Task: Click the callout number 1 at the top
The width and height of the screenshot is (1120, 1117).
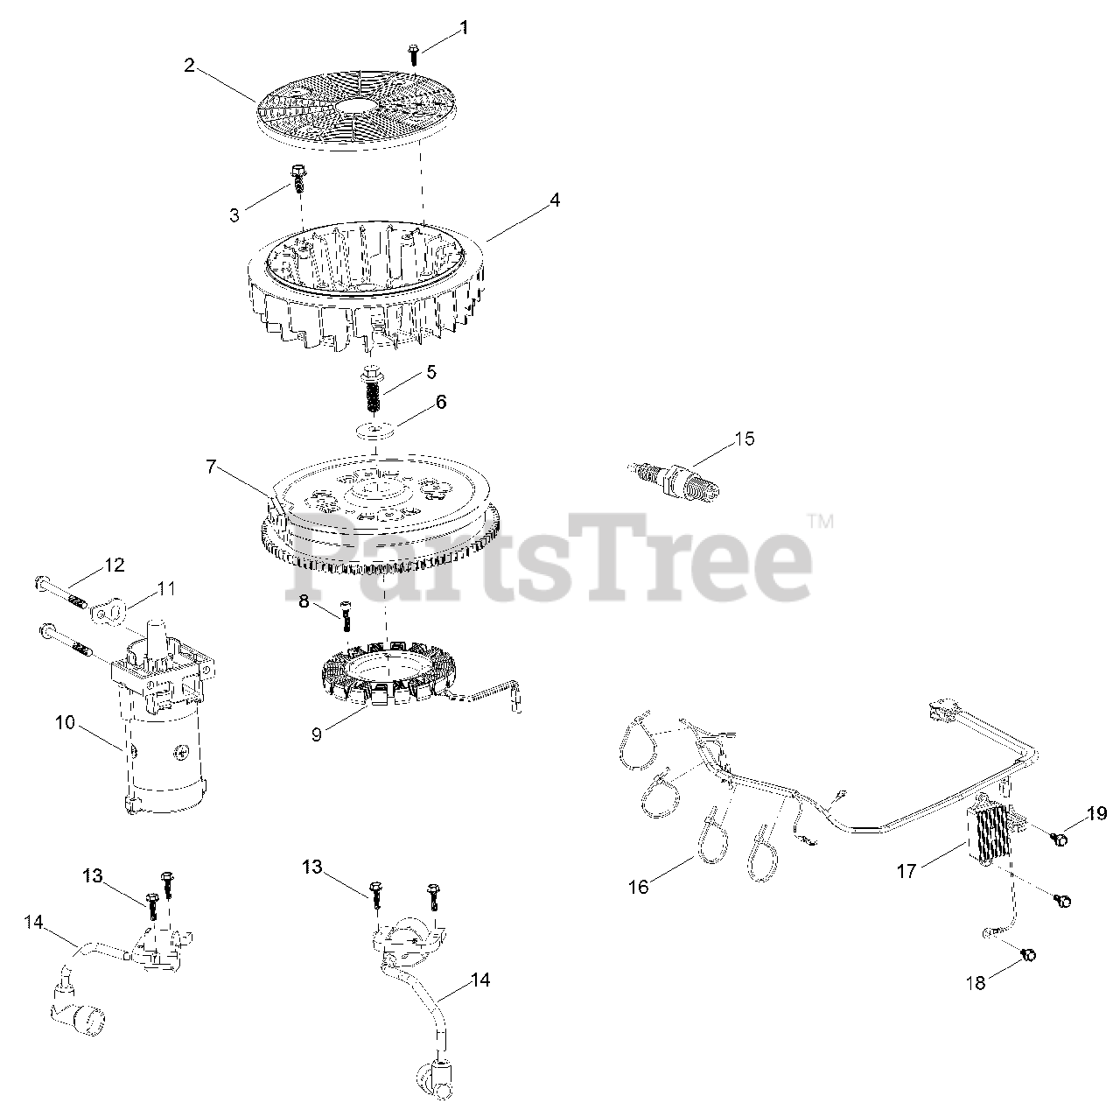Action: pos(463,28)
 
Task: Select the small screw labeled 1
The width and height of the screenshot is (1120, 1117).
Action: pos(413,54)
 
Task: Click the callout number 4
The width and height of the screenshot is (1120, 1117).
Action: pos(555,200)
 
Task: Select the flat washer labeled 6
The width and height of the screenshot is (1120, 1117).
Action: pos(374,432)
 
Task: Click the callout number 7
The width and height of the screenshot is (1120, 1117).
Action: pos(211,467)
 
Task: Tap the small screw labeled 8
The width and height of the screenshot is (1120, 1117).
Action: pos(346,616)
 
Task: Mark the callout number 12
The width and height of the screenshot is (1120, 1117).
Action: pos(115,565)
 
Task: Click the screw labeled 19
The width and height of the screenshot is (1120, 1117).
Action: pos(1059,840)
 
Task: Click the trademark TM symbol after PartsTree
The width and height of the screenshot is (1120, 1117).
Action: pos(821,522)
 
